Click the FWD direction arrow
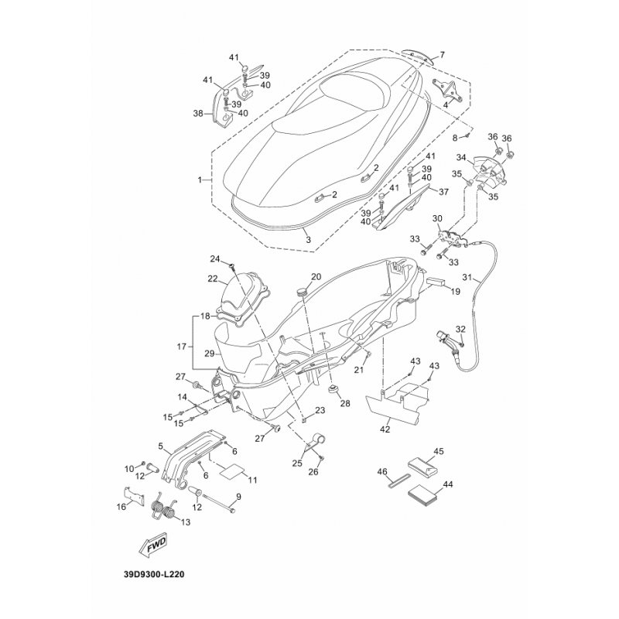[152, 547]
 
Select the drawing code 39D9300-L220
[154, 574]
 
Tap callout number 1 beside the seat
[200, 180]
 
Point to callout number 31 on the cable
[467, 278]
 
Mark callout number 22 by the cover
[213, 279]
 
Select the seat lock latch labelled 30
[452, 238]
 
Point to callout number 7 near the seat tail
[442, 54]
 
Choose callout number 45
[438, 451]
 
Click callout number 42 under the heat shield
[385, 429]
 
